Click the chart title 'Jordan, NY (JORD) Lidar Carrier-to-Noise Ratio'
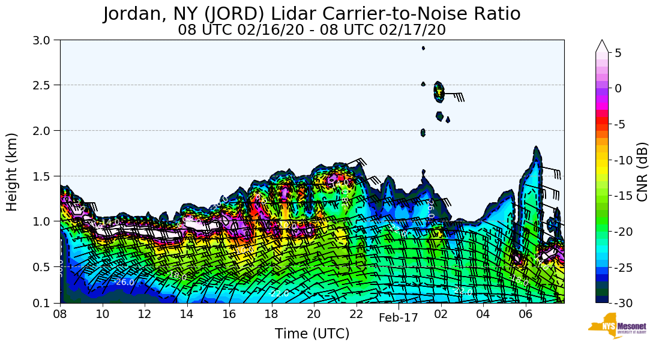pos(311,13)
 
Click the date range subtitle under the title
pos(311,29)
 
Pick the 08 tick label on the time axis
pos(60,314)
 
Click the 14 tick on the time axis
pos(187,314)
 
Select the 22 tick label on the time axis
pos(356,314)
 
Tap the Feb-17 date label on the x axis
pos(398,318)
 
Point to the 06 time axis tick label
pos(525,314)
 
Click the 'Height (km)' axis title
pos(12,172)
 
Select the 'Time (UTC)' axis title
pos(311,334)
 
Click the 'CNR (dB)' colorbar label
pos(642,172)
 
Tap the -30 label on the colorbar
pos(623,303)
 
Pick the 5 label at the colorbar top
pos(618,53)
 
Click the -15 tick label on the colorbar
pos(623,196)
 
